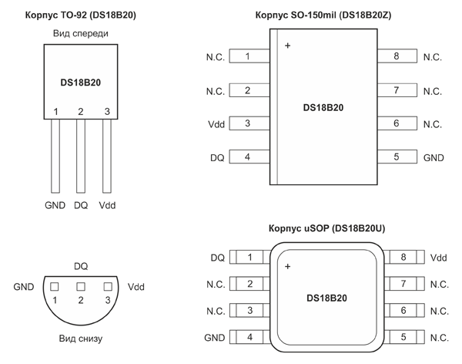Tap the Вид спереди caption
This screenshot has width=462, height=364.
click(81, 34)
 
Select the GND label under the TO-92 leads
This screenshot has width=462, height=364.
click(55, 206)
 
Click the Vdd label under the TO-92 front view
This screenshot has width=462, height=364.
click(107, 206)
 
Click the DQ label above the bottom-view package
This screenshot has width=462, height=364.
click(81, 265)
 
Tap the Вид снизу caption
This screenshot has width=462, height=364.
click(81, 338)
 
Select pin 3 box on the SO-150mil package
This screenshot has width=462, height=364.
click(247, 123)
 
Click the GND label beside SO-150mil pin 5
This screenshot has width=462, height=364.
click(434, 157)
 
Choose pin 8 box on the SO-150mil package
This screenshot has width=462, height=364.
click(396, 56)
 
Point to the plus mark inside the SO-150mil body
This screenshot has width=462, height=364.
click(288, 46)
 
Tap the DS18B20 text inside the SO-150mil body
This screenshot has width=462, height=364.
click(323, 107)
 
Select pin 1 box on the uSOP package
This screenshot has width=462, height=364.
click(249, 258)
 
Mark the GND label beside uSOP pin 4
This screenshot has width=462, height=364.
click(214, 338)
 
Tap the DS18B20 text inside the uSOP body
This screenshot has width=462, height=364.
click(326, 298)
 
